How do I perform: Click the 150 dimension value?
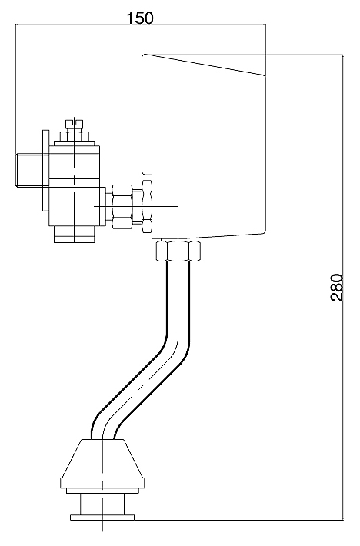(139, 18)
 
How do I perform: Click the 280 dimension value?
(337, 288)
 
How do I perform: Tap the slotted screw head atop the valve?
(75, 123)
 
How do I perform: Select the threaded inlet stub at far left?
(29, 170)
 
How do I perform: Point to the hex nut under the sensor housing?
(178, 250)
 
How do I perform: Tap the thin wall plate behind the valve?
(45, 170)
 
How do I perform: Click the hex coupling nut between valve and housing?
(122, 207)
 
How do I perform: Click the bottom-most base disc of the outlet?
(102, 518)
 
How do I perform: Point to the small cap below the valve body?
(75, 234)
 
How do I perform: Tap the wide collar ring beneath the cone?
(102, 483)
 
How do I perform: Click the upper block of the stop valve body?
(75, 162)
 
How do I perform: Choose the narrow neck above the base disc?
(102, 504)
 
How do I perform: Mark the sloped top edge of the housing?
(205, 65)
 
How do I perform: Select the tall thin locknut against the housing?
(147, 206)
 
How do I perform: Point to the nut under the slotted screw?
(75, 136)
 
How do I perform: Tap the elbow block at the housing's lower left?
(165, 222)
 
